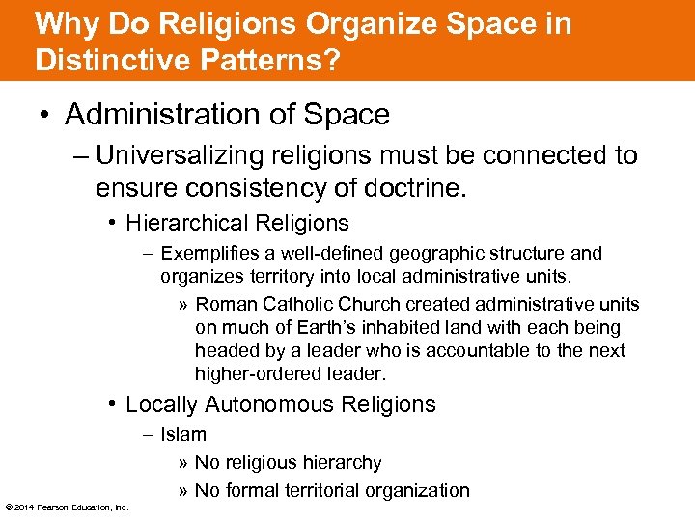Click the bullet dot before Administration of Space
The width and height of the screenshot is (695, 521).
coord(45,115)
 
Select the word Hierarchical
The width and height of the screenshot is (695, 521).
coord(183,223)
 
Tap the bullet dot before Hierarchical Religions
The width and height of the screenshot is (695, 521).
coord(114,223)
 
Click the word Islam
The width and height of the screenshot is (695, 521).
coord(183,435)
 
